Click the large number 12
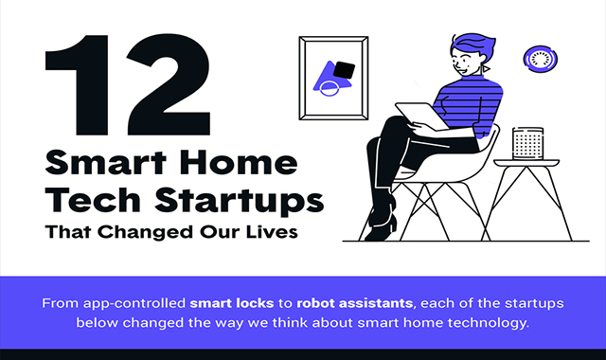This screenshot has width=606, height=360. pos(128,85)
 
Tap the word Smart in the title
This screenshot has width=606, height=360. pos(105,163)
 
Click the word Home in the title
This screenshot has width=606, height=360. pos(239,163)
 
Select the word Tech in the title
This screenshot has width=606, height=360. pos(93,200)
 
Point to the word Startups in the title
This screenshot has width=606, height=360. pos(239,201)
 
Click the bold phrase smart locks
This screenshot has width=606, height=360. pos(231,303)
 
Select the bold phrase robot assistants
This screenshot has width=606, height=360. pos(354,303)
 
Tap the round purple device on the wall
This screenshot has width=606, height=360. pos(541,59)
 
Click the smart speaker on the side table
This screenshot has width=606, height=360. pos(527,143)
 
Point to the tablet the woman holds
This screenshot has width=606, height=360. pos(421,116)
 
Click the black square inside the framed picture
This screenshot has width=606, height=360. pos(344,70)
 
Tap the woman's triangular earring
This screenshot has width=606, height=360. pos(486,69)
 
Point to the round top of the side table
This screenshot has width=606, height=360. pos(526,162)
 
